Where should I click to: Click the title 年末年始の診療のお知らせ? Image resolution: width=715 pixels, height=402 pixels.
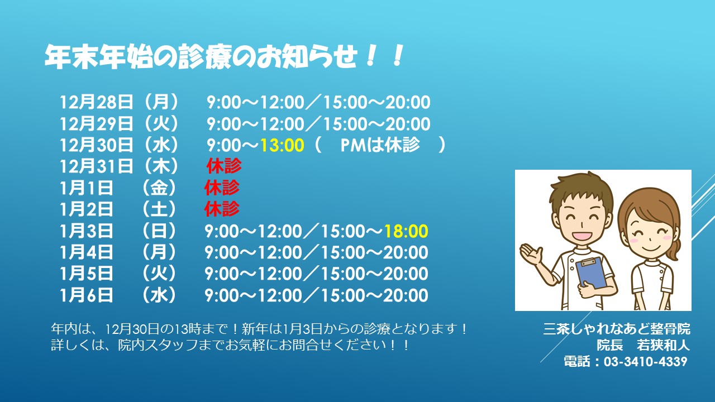[201, 57]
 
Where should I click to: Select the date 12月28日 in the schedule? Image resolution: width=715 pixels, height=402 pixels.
[97, 102]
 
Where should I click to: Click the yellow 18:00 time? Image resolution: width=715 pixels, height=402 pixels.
[406, 231]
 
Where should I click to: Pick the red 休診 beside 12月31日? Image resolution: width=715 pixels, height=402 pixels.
[224, 166]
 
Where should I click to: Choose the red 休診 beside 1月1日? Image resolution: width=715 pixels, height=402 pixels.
[222, 188]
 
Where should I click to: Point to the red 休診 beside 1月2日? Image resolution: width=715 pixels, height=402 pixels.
[222, 209]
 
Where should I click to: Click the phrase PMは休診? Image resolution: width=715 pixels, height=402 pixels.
[380, 145]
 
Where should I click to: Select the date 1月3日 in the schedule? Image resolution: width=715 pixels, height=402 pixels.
[87, 231]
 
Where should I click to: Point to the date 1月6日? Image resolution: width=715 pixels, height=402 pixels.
[87, 295]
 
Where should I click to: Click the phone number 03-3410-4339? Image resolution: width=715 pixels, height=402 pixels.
[645, 362]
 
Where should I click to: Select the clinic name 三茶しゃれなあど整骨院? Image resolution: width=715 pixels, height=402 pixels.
[617, 329]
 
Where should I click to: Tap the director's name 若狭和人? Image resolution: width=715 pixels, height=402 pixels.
[663, 345]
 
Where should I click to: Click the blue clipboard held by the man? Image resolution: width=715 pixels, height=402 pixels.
[591, 274]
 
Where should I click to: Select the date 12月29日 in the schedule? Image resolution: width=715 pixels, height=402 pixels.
[97, 124]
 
